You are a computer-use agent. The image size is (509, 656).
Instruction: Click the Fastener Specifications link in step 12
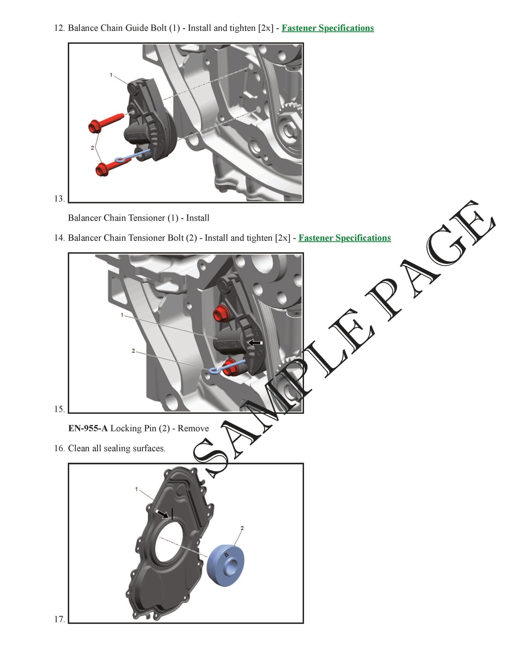point(327,28)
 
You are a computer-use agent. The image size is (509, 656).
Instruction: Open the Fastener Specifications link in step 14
point(344,238)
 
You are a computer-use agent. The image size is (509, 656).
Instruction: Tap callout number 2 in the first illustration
point(92,148)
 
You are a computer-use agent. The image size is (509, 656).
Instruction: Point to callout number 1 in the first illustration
point(111,75)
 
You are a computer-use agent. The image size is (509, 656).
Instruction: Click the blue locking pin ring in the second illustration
point(215,370)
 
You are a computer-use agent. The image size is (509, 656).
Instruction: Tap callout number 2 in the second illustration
point(133,351)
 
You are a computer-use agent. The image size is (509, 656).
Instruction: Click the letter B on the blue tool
point(226,555)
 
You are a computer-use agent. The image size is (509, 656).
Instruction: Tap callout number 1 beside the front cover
point(136,489)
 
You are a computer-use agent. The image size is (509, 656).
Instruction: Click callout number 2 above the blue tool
point(242,528)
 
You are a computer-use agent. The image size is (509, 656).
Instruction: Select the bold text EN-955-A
point(88,428)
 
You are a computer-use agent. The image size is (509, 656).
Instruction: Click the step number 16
point(59,448)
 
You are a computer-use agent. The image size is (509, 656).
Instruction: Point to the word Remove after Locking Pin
point(193,428)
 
